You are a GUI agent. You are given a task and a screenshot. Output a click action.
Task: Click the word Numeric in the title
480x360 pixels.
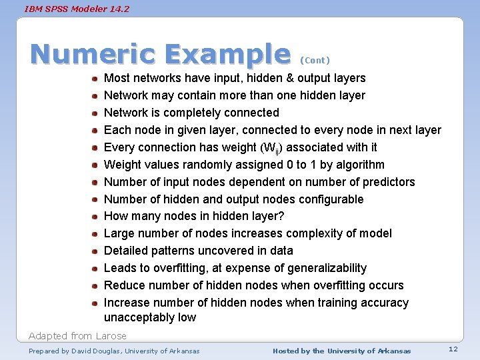[93, 55]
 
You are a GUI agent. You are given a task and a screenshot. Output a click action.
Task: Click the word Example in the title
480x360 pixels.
[227, 55]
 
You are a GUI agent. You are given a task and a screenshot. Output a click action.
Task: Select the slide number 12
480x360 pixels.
[453, 349]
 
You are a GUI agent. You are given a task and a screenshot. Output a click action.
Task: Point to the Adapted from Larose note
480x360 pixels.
[77, 335]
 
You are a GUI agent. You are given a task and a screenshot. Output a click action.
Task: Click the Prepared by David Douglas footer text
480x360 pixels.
[114, 351]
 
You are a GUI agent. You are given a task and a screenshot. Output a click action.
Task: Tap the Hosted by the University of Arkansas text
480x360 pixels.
[342, 351]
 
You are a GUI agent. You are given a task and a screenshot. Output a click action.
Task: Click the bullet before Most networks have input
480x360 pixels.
[96, 79]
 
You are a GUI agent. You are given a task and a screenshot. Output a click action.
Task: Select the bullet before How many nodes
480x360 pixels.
[96, 217]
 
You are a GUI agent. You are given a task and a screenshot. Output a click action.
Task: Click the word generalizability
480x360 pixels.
[327, 268]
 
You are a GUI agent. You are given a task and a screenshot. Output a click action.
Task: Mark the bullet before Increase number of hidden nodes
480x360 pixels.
[96, 303]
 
